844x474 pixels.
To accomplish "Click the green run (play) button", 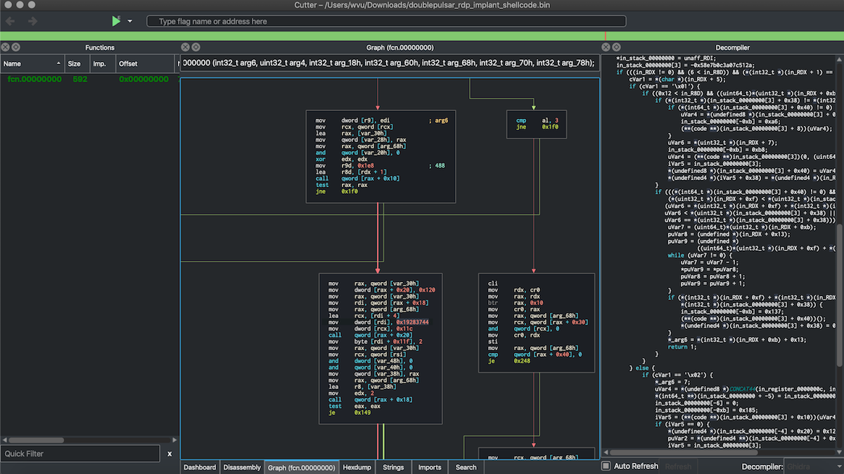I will (116, 21).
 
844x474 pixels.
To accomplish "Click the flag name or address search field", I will (385, 22).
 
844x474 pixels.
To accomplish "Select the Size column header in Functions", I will (74, 63).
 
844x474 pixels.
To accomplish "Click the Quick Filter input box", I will (81, 454).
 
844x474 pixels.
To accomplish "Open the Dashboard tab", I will (200, 467).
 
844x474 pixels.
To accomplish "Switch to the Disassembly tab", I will (241, 467).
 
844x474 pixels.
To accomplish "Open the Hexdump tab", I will (357, 467).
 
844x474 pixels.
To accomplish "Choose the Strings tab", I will (393, 467).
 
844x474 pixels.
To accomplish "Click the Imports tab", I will (430, 467).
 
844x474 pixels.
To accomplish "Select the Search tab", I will (466, 467).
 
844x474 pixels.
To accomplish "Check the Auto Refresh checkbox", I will (606, 466).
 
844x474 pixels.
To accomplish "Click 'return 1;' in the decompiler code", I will (682, 347).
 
